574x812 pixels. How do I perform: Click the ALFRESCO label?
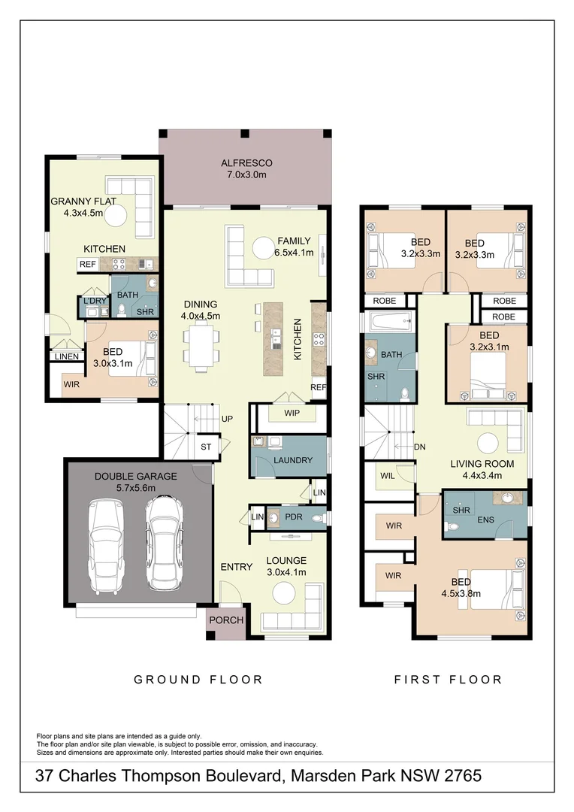tap(246, 162)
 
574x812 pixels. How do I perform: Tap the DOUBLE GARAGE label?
tap(136, 476)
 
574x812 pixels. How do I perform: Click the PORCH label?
tap(226, 620)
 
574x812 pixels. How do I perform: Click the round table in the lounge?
tap(285, 594)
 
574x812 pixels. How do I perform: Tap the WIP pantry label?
tap(293, 414)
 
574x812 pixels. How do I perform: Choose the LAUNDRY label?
tap(292, 460)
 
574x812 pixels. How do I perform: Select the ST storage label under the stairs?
tap(206, 447)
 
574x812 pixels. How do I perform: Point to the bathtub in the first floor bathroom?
tap(388, 323)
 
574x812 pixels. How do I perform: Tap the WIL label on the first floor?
tap(387, 475)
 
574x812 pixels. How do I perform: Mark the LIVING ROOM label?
tap(481, 464)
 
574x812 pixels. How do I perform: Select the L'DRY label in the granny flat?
tap(95, 301)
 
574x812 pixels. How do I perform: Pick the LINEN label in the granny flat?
tap(66, 356)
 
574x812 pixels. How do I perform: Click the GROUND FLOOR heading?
tap(198, 680)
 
